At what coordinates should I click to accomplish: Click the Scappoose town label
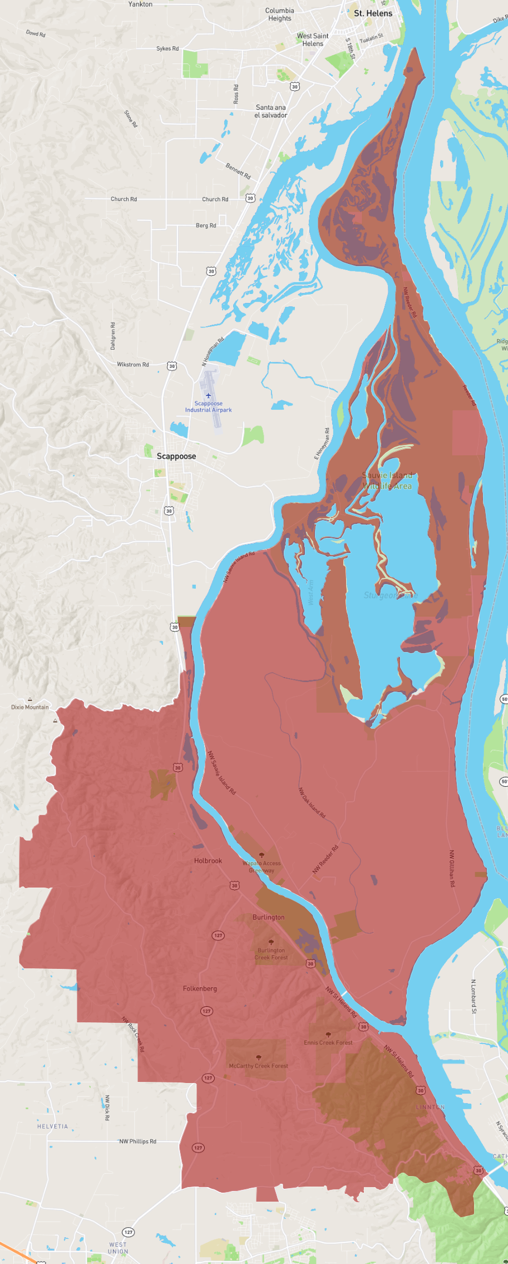[x=176, y=456]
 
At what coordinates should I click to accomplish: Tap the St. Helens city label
[x=373, y=13]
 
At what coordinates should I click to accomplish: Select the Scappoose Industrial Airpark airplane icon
[x=209, y=395]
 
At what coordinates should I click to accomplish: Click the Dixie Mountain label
[x=30, y=707]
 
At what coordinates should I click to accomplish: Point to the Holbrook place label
[x=208, y=860]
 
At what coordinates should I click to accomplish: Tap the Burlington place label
[x=268, y=917]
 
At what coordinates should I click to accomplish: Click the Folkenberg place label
[x=200, y=988]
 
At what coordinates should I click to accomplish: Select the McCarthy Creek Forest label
[x=258, y=1066]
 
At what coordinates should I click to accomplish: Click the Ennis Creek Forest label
[x=328, y=1042]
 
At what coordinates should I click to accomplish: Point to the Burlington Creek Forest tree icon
[x=271, y=943]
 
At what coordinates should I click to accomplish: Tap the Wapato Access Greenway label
[x=262, y=866]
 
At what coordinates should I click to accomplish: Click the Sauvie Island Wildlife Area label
[x=387, y=481]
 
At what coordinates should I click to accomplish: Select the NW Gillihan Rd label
[x=452, y=868]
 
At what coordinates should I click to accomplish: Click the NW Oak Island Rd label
[x=312, y=802]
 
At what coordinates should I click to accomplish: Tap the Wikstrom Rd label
[x=132, y=364]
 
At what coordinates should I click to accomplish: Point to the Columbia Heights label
[x=279, y=14]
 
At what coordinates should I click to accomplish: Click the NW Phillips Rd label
[x=138, y=1141]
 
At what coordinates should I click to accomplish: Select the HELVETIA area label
[x=52, y=1126]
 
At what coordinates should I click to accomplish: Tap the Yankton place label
[x=140, y=4]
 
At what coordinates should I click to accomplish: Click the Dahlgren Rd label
[x=113, y=336]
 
